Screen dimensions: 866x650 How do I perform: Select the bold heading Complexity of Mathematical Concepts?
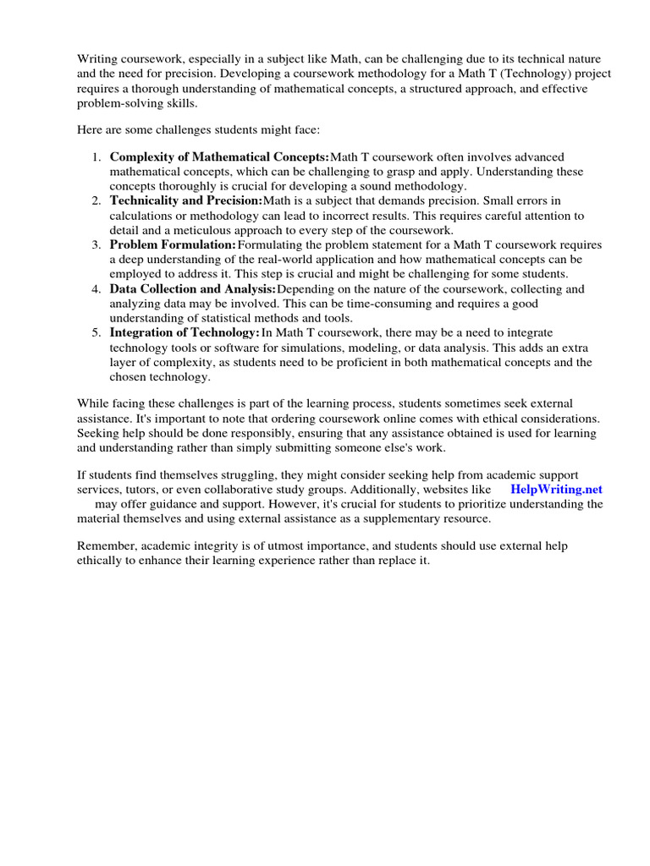pyautogui.click(x=219, y=157)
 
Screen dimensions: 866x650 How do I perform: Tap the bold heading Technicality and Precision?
pyautogui.click(x=186, y=200)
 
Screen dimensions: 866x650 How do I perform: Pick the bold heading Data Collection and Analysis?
pyautogui.click(x=193, y=288)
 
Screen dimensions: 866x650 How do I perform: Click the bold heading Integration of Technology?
pyautogui.click(x=185, y=332)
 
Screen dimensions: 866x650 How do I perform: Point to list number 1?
pyautogui.click(x=96, y=157)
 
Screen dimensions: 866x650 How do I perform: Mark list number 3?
pyautogui.click(x=96, y=244)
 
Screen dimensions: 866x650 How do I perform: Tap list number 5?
pyautogui.click(x=96, y=332)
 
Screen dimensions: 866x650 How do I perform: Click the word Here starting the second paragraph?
pyautogui.click(x=91, y=129)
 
